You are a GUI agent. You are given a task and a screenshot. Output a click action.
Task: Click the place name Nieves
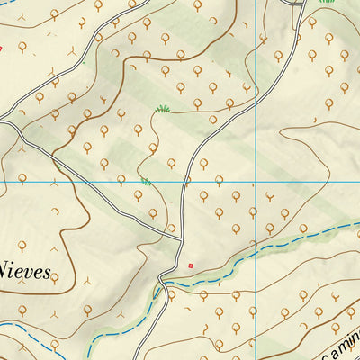(25, 266)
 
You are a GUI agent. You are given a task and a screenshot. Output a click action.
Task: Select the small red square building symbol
(191, 265)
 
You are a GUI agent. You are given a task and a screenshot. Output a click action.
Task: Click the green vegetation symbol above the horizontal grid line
(163, 109)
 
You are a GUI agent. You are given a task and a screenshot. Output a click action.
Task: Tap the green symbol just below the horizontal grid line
(146, 183)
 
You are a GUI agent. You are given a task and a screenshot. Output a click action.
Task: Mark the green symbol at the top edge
(328, 2)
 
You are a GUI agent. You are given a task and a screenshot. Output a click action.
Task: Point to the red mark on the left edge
(1, 48)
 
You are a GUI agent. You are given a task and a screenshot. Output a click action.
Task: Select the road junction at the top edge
(297, 4)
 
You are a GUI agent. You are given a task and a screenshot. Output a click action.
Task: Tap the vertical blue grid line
(256, 90)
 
